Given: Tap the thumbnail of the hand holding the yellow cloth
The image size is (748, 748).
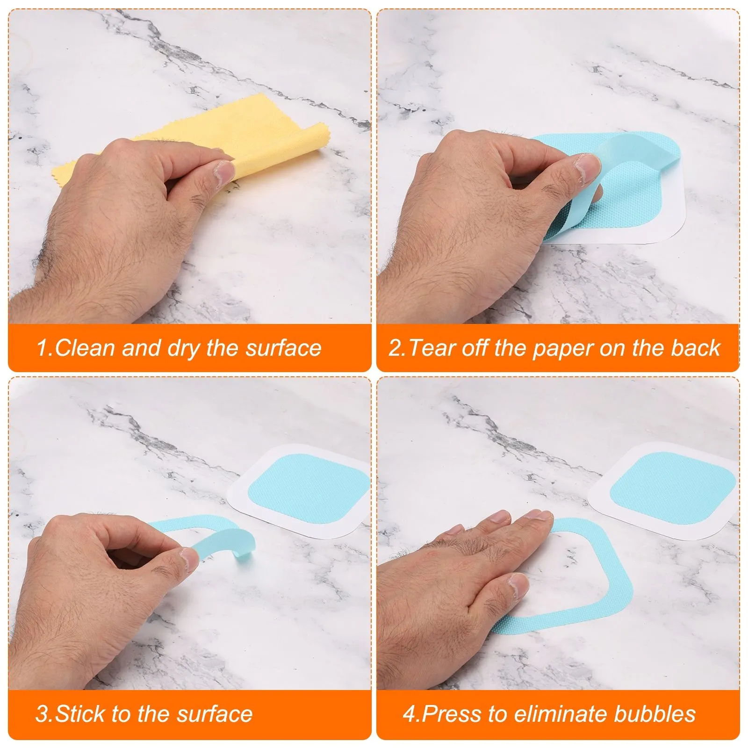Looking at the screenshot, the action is (225, 173).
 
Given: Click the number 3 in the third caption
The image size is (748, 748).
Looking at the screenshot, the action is (42, 714).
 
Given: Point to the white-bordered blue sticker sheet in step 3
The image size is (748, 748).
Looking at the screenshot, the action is (299, 491).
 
